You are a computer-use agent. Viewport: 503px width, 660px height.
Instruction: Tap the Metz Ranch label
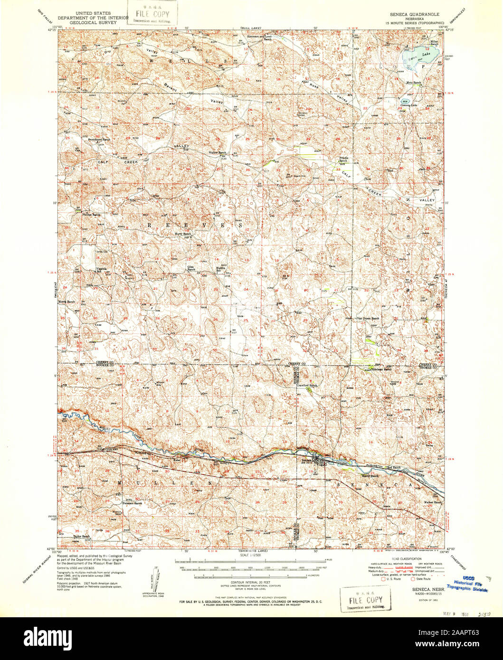[x=414, y=83]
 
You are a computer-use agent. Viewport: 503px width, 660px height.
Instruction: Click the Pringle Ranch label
[x=343, y=160]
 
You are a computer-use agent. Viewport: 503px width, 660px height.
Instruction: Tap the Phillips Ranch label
[x=92, y=215]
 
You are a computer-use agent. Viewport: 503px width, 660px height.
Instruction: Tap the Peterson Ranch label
[x=132, y=503]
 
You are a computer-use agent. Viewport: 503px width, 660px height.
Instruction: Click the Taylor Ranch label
[x=82, y=537]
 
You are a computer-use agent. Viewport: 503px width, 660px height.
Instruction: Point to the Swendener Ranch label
[x=99, y=140]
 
